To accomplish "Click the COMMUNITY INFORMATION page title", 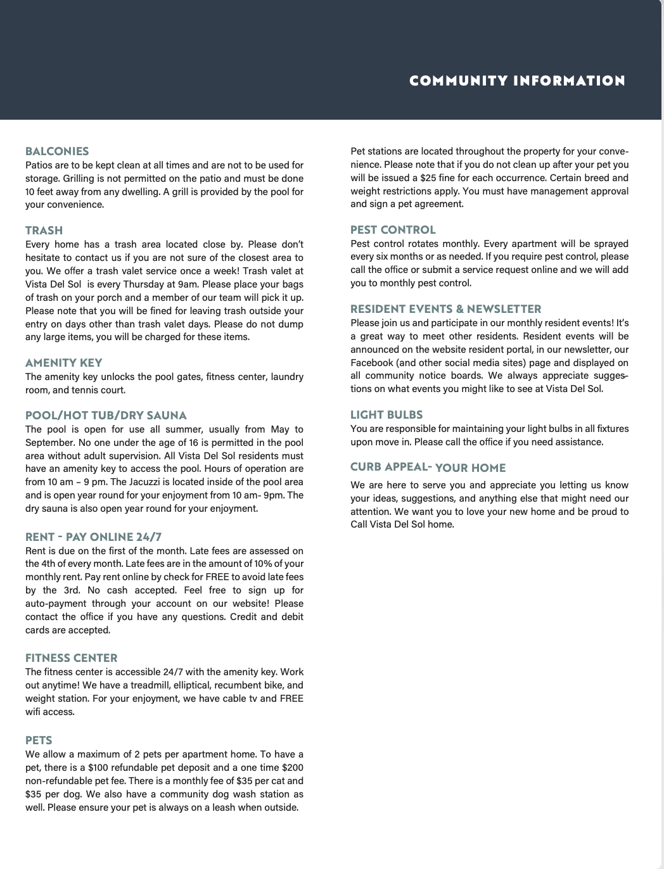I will (x=517, y=81).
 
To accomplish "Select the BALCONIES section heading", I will (x=57, y=151).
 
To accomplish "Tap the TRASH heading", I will (x=44, y=231).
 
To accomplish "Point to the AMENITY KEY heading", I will (x=63, y=363).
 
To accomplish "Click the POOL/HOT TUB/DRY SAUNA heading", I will (x=106, y=415).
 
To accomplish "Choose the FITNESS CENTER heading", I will (x=71, y=658).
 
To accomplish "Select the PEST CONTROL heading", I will (x=393, y=230).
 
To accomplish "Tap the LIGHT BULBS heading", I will (x=386, y=415).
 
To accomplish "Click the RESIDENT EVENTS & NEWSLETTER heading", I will (x=445, y=309).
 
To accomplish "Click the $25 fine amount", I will (x=428, y=178).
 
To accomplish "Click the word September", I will (x=51, y=442).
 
